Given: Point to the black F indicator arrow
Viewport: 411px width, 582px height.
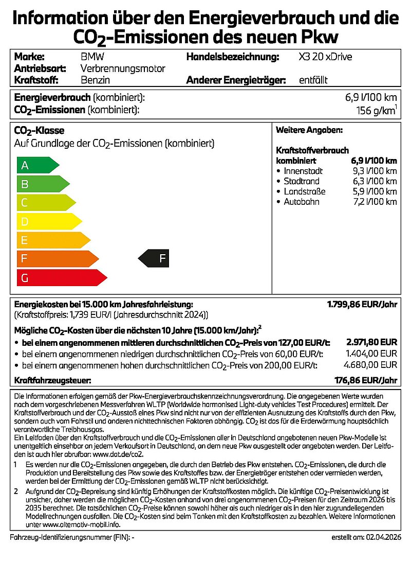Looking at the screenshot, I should click(155, 258).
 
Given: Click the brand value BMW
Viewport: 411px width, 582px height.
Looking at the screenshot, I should click(92, 57).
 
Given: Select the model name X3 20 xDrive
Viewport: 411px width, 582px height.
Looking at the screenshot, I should click(325, 57).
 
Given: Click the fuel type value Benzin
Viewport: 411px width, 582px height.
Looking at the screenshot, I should click(96, 80).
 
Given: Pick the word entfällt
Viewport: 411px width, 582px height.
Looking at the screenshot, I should click(313, 80).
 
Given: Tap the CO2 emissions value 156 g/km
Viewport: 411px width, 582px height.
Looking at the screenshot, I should click(376, 110).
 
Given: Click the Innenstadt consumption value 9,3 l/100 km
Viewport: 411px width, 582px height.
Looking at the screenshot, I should click(375, 171).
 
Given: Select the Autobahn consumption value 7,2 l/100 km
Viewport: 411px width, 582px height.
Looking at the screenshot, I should click(375, 202).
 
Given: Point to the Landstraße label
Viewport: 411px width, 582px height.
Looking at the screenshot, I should click(305, 191).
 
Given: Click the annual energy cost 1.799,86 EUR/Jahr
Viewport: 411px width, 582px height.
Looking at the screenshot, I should click(362, 304).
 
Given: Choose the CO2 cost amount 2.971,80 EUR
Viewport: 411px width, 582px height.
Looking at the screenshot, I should click(371, 342).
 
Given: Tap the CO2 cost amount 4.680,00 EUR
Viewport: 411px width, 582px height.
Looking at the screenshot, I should click(371, 365).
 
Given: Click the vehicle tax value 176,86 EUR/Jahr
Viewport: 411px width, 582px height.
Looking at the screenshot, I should click(365, 381).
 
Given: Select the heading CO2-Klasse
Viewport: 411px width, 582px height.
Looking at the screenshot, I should click(39, 131).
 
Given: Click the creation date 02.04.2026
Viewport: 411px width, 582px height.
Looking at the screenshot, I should click(380, 537).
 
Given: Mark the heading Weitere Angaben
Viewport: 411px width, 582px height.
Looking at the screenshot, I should click(309, 131).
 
